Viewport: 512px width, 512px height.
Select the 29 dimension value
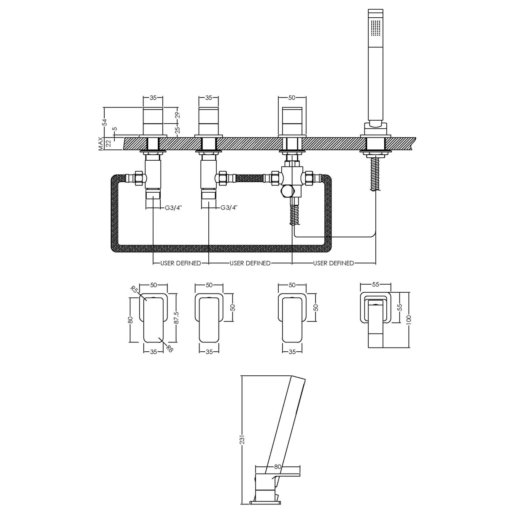click(178, 115)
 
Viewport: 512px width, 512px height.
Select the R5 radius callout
click(134, 290)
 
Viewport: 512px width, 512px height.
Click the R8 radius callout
click(169, 348)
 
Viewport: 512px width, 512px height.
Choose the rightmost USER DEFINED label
click(334, 263)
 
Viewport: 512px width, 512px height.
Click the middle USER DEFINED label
click(250, 263)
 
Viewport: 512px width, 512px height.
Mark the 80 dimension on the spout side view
click(278, 467)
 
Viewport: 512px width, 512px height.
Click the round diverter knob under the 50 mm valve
click(288, 191)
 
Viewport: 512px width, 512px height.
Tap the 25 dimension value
click(178, 129)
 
